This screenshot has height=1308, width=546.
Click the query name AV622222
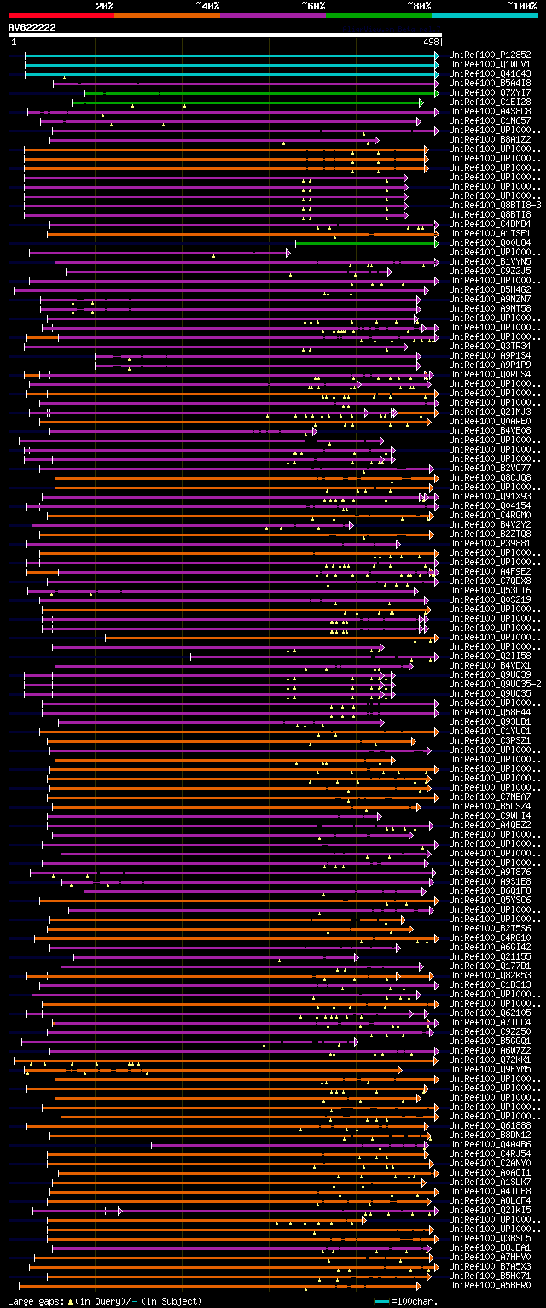click(32, 27)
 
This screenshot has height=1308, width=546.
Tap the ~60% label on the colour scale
click(313, 6)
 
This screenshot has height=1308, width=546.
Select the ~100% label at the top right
click(521, 6)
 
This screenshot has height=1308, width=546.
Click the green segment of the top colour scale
click(378, 15)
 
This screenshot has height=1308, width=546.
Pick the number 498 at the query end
click(431, 41)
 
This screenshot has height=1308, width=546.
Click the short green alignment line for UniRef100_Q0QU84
click(367, 242)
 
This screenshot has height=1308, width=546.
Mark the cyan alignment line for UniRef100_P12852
click(230, 55)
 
